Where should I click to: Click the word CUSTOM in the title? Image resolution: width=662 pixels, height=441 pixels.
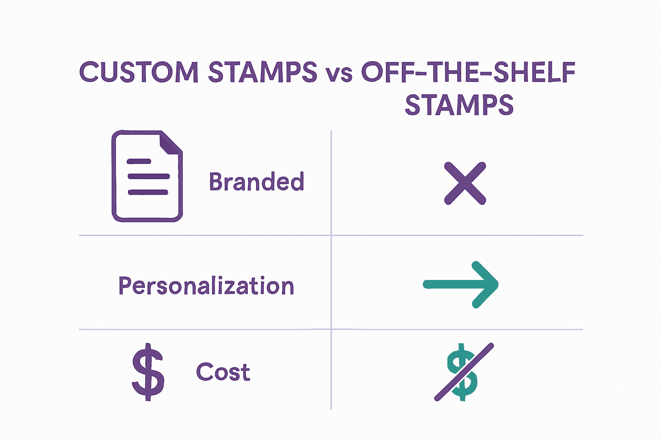point(139,72)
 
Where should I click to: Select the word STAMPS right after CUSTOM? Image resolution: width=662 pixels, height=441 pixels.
point(262,72)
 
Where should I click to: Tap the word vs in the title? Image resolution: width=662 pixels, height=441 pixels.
point(339,74)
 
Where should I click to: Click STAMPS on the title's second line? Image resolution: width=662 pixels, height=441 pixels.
point(459,105)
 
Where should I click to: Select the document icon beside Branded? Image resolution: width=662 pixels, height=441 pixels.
point(147,176)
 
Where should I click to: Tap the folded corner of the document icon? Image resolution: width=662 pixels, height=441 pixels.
point(171,143)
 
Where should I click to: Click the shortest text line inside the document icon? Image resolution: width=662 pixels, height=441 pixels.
point(139,161)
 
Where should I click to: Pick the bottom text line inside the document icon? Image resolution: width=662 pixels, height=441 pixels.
point(148,192)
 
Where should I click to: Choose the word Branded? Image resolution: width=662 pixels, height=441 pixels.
point(257,182)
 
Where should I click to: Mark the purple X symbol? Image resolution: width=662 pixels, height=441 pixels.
point(465,183)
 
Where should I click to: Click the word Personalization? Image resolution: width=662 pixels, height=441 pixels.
point(206,286)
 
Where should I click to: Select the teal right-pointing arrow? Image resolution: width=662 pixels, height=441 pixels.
point(461,284)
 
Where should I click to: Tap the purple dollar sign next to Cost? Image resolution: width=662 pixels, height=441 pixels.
point(148,372)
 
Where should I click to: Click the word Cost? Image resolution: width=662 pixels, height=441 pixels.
point(223,372)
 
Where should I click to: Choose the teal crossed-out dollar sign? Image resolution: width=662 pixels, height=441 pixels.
point(462,372)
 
